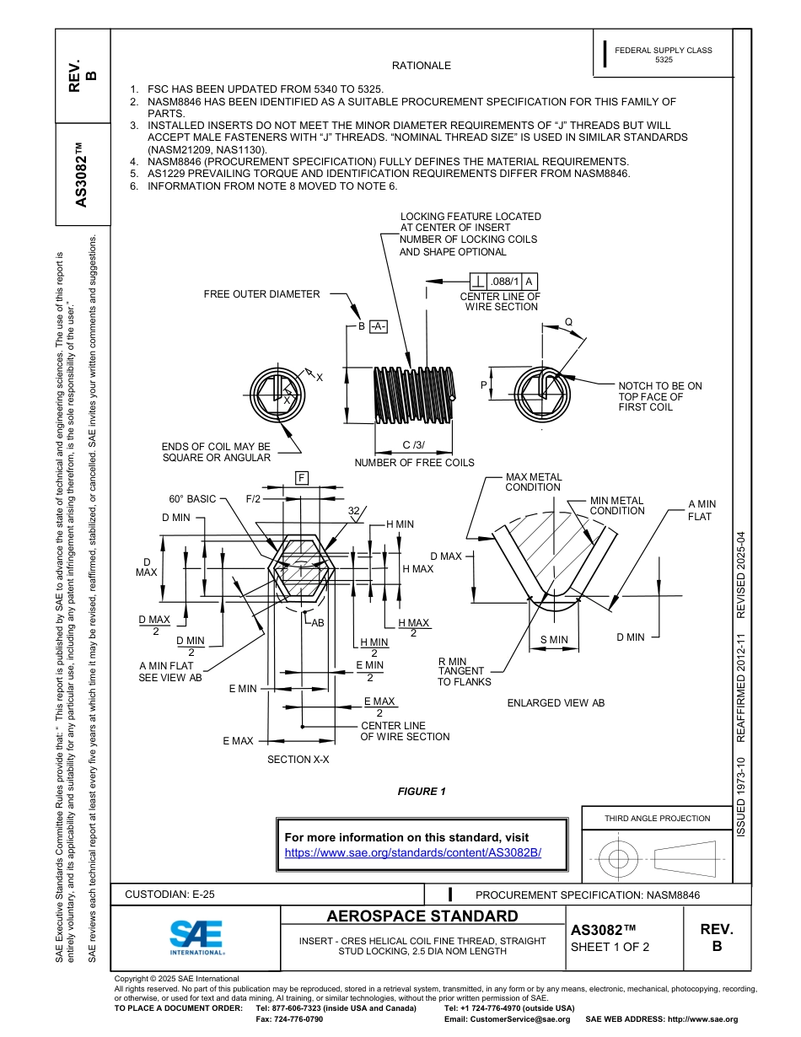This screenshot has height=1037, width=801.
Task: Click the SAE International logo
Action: click(196, 937)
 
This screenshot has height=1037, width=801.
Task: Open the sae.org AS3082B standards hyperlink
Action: click(413, 852)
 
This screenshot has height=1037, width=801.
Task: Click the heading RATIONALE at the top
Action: click(422, 65)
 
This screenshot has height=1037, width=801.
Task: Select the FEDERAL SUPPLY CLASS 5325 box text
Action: click(663, 55)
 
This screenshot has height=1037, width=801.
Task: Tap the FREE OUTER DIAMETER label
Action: click(261, 294)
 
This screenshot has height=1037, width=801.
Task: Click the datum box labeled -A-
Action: click(377, 326)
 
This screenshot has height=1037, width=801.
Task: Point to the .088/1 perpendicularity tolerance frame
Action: click(503, 282)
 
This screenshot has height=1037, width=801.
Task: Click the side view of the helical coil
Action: click(413, 396)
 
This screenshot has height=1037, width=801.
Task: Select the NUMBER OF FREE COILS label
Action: click(414, 462)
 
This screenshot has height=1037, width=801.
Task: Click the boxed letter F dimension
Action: click(301, 479)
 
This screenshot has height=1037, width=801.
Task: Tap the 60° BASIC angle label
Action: click(192, 499)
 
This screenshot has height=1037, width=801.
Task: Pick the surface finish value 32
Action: click(354, 511)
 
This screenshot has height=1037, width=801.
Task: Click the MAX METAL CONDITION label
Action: click(533, 482)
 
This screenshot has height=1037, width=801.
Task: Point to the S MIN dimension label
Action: click(554, 640)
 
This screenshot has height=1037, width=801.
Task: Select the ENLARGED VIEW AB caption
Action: click(556, 702)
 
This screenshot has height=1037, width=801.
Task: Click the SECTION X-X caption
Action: click(298, 760)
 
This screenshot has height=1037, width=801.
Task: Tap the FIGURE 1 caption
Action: click(422, 791)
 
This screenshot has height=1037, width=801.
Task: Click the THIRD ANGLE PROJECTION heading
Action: click(657, 818)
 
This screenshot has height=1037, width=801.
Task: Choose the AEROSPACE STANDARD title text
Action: click(422, 916)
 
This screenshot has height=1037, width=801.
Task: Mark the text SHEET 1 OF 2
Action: click(610, 946)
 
